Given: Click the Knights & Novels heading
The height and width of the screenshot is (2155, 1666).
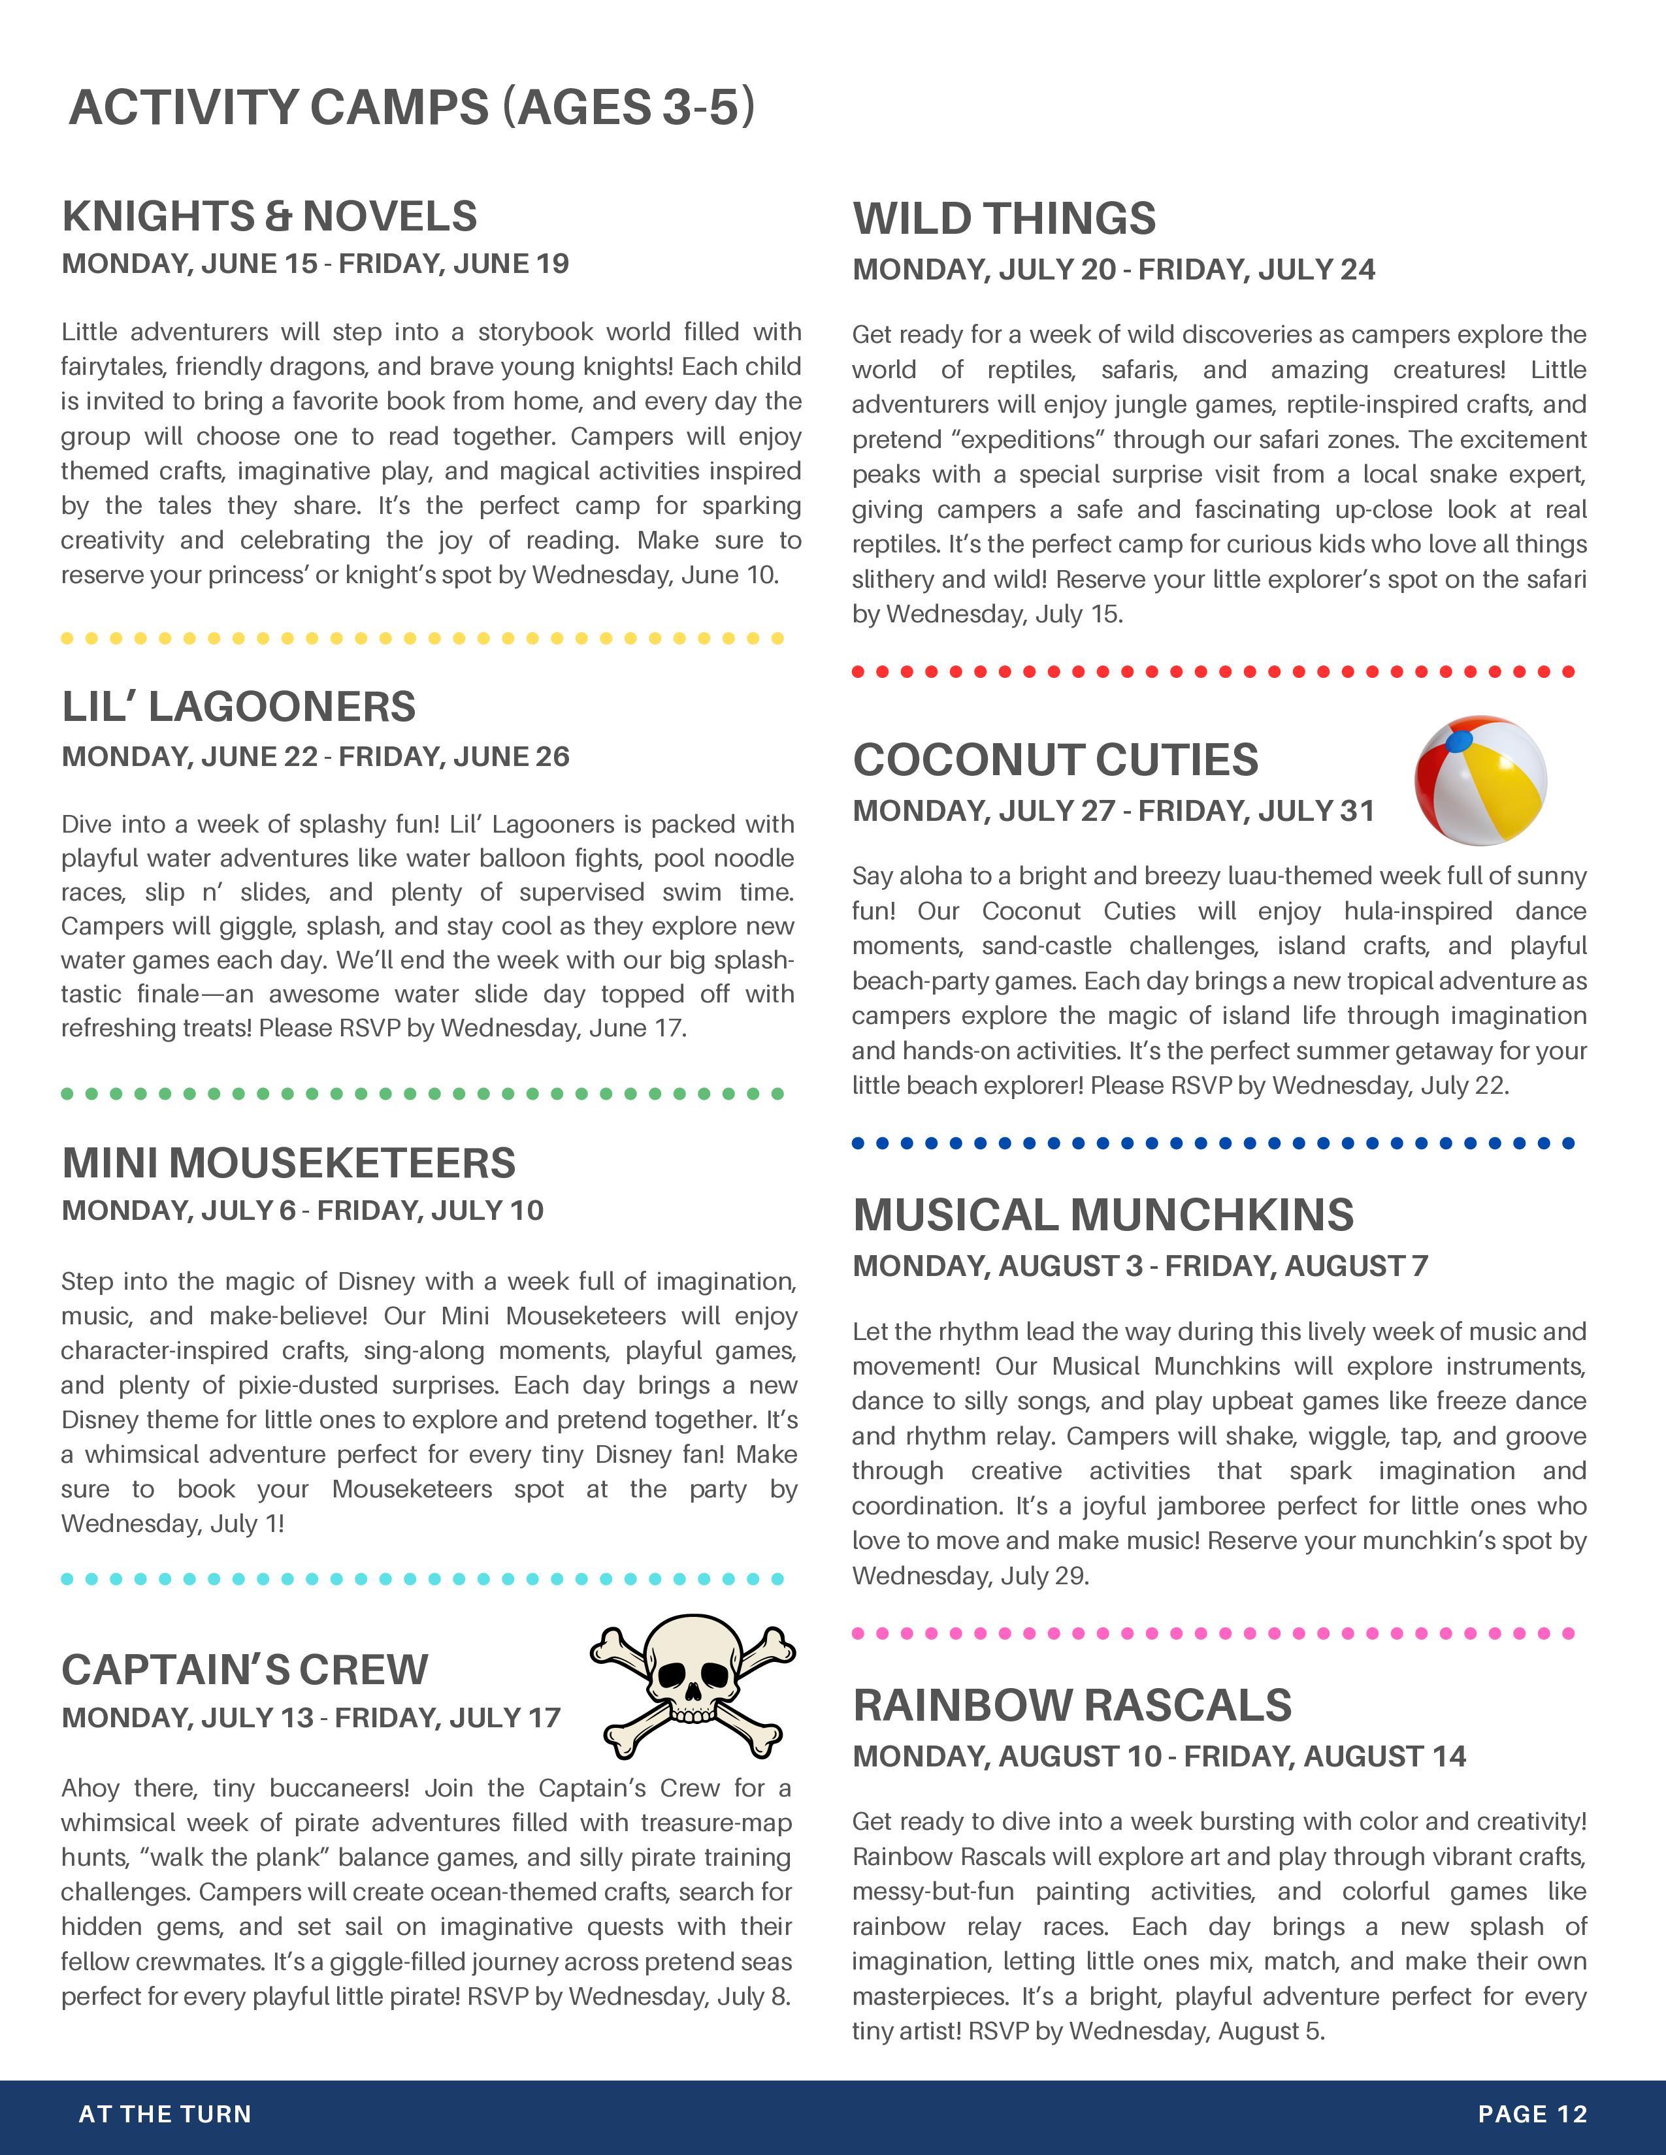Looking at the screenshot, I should pos(269,217).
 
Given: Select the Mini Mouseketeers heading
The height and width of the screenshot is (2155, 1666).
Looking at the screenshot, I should pos(288,1163).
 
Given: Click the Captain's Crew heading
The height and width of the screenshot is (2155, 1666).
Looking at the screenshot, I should pos(245,1670).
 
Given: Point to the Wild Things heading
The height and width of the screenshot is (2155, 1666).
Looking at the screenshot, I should pos(1004,219).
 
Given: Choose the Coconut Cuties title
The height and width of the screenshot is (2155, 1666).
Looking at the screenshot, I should pos(1055,759).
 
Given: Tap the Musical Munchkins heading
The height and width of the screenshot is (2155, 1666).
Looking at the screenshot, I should pos(1102,1215).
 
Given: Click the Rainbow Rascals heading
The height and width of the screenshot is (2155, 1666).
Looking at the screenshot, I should pos(1072,1706).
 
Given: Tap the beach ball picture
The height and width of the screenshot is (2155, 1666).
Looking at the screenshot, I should pos(1479,780).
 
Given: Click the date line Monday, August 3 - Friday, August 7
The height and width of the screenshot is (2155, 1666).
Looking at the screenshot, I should pos(1140,1266).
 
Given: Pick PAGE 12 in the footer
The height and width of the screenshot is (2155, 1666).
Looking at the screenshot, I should pos(1532,2114).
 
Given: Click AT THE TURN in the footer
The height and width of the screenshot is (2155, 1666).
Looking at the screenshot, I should pos(165,2114).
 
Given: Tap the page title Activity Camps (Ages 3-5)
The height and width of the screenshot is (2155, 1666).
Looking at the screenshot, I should pos(412,108).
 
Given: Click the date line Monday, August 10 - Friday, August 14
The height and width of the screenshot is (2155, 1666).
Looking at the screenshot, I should pos(1159,1757).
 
